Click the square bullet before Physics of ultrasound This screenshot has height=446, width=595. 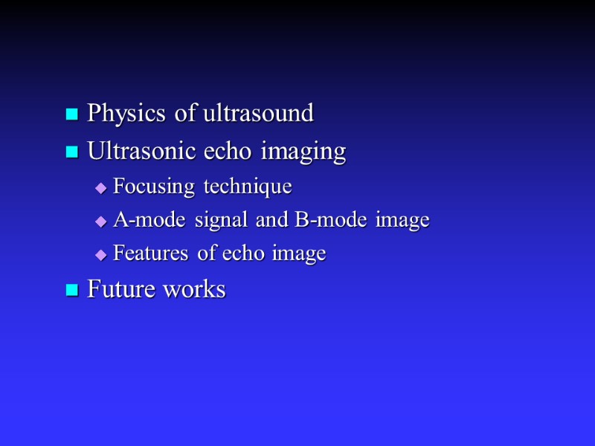[x=72, y=114]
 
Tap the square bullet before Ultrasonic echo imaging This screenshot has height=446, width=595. [x=72, y=152]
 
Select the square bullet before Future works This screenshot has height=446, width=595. [x=72, y=290]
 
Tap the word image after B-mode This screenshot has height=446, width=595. [x=403, y=221]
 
